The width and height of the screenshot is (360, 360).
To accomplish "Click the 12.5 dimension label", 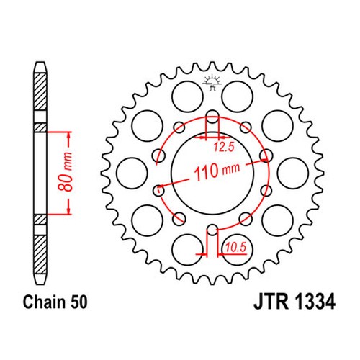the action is pyautogui.click(x=224, y=147).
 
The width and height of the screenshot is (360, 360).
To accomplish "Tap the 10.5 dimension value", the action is pyautogui.click(x=236, y=247).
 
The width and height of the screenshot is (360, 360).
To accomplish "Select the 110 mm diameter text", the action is pyautogui.click(x=217, y=171).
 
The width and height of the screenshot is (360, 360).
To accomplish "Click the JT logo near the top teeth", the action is pyautogui.click(x=212, y=83).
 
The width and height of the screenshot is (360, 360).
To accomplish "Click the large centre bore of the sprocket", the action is pyautogui.click(x=212, y=172).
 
